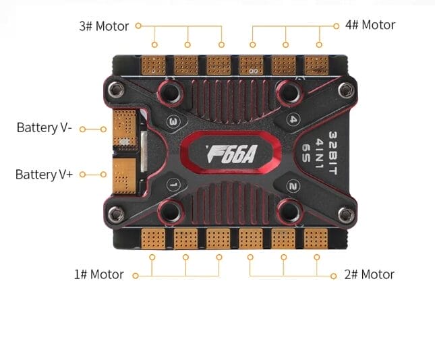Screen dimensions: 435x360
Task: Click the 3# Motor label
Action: click(x=104, y=26)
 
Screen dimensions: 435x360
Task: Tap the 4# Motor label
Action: click(x=370, y=25)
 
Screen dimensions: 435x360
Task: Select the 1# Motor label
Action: click(x=98, y=274)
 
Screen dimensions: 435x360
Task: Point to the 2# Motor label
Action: click(x=370, y=274)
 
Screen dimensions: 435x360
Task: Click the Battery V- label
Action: click(x=45, y=127)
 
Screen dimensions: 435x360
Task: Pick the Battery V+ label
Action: click(x=44, y=175)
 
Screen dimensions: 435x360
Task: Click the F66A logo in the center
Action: click(x=231, y=154)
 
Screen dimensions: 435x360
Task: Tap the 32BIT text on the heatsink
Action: click(x=333, y=153)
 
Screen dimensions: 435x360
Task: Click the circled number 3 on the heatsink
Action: click(x=173, y=121)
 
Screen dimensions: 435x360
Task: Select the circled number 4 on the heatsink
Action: click(x=293, y=119)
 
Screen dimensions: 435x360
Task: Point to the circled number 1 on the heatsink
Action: click(x=173, y=185)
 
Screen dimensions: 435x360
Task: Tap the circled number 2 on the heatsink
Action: click(x=293, y=186)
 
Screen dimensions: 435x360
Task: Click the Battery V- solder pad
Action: click(x=125, y=128)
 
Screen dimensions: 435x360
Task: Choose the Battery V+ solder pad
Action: click(x=124, y=176)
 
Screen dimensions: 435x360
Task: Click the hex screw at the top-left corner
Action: click(x=116, y=89)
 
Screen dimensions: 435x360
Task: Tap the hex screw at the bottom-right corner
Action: click(x=346, y=214)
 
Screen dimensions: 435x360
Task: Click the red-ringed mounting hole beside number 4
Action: click(x=289, y=92)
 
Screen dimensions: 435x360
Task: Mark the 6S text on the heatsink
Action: click(x=306, y=153)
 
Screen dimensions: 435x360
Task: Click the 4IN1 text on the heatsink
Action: click(x=319, y=154)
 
